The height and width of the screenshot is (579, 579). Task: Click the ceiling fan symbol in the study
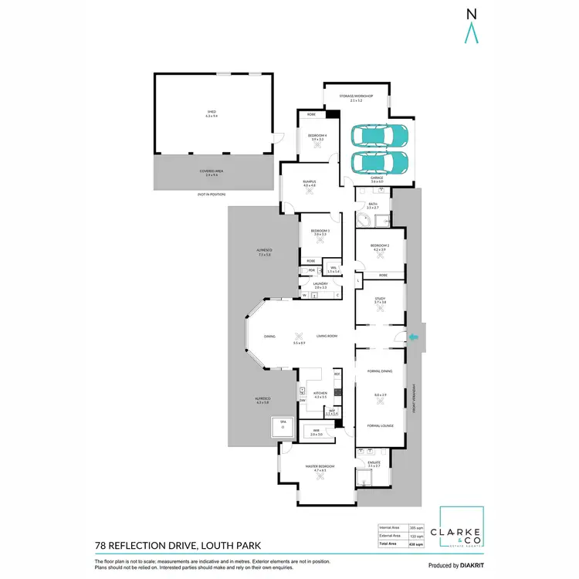[380, 308]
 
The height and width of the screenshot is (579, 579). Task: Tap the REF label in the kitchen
[337, 374]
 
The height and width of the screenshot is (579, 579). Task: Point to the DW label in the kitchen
[302, 401]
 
